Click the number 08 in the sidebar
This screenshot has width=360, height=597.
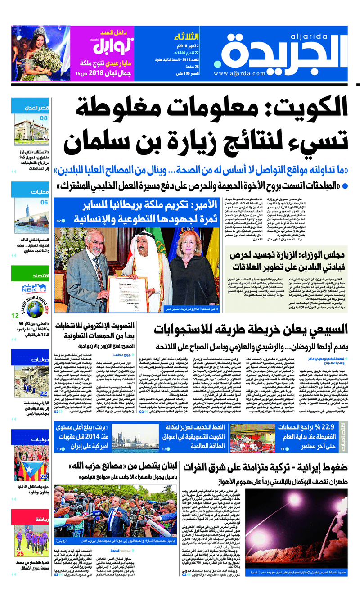point(43,118)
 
